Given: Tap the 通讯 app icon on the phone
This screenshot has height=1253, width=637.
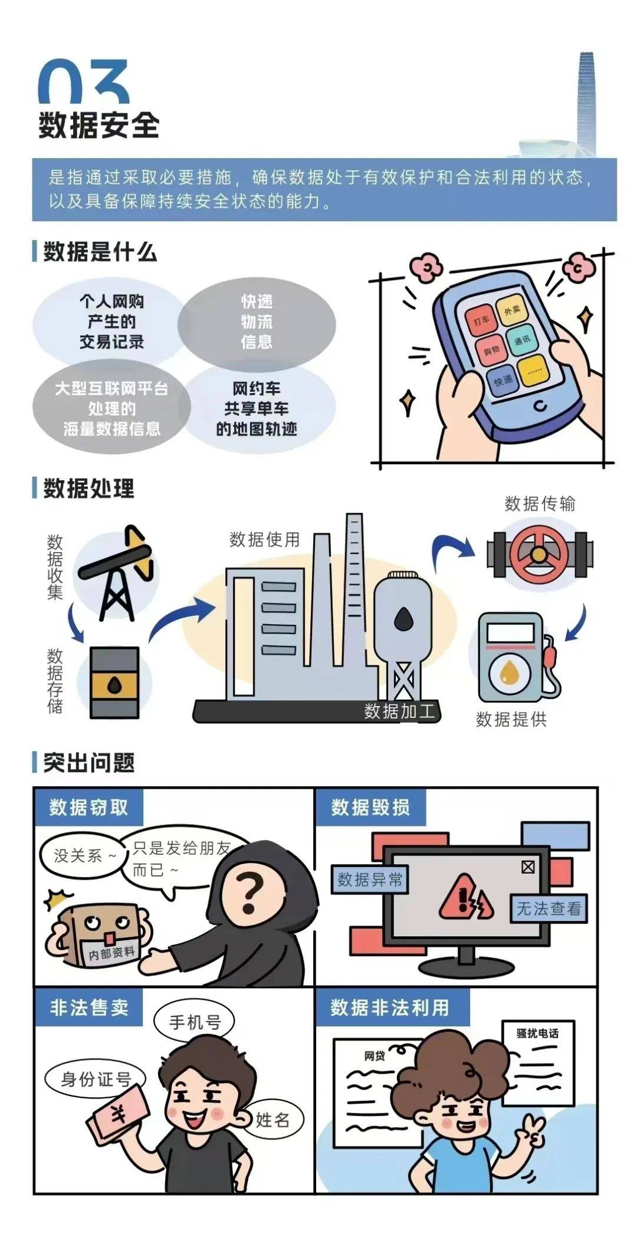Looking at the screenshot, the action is tap(522, 340).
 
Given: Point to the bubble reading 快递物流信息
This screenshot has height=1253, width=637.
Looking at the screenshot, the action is tap(257, 322).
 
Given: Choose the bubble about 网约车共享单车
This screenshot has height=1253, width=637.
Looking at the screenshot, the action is tap(257, 409).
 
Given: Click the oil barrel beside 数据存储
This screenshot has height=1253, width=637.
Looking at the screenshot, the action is tap(114, 683).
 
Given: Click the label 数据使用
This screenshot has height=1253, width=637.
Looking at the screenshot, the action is tap(265, 539).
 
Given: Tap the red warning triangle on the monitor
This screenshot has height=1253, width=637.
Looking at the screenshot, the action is tap(465, 898).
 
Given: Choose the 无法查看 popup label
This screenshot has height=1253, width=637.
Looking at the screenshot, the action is tap(549, 909).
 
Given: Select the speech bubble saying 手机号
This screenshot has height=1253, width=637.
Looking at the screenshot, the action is tap(195, 1021).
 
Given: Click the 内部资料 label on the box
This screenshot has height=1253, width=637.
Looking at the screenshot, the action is tap(112, 953).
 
